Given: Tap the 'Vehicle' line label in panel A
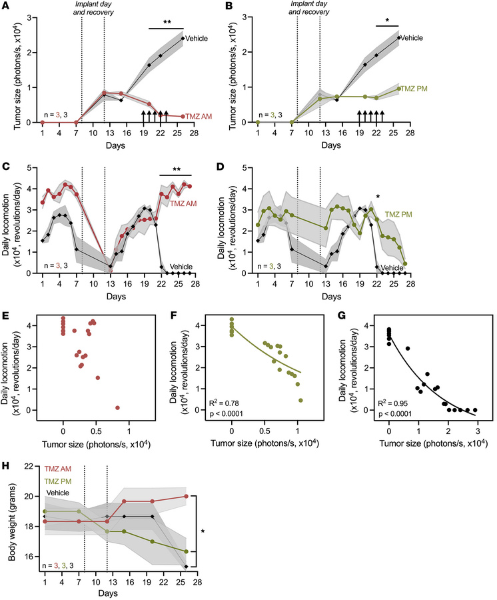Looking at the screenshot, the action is click(197, 38).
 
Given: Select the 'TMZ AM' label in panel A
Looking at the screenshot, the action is click(199, 116).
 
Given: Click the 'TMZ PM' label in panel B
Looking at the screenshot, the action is click(414, 89).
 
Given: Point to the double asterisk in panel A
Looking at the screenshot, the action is click(167, 22).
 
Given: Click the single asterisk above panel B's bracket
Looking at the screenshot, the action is click(387, 21).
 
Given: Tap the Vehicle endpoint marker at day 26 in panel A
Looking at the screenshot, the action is click(183, 38).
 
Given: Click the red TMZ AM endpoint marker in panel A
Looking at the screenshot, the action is click(183, 116).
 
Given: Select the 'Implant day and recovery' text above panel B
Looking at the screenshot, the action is click(309, 7).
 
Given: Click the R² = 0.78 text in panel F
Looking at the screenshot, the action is click(225, 403).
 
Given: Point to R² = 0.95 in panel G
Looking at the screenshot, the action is click(393, 403).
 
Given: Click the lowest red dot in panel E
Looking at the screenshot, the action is click(117, 408).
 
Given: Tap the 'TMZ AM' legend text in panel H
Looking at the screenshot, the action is click(58, 469).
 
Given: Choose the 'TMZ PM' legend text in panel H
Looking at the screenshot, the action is click(58, 481).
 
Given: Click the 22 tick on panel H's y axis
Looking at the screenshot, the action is click(30, 466).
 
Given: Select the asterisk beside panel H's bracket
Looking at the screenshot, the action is click(203, 531).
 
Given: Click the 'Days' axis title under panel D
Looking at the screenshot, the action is click(331, 297).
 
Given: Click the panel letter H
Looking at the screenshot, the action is click(5, 466).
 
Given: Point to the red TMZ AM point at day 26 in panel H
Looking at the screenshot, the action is click(186, 496).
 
